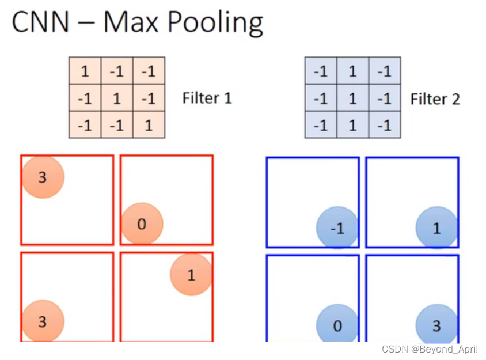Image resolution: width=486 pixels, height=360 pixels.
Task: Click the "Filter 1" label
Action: pyautogui.click(x=207, y=98)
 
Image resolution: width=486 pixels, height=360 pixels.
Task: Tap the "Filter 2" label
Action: pyautogui.click(x=435, y=99)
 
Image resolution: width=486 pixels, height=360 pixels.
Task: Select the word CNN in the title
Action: pyautogui.click(x=40, y=23)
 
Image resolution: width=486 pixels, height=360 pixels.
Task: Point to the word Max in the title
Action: pyautogui.click(x=131, y=23)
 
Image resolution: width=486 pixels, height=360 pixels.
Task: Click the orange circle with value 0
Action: pyautogui.click(x=142, y=224)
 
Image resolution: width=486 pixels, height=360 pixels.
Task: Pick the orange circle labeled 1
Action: pyautogui.click(x=191, y=275)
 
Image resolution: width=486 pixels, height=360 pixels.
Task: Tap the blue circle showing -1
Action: pyautogui.click(x=337, y=228)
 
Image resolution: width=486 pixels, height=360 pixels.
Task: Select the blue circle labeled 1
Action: pyautogui.click(x=436, y=228)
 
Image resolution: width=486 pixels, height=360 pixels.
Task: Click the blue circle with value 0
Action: pyautogui.click(x=337, y=326)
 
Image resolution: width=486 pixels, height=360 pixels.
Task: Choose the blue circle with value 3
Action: pyautogui.click(x=436, y=326)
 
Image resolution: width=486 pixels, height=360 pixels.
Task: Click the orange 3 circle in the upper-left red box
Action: pyautogui.click(x=43, y=177)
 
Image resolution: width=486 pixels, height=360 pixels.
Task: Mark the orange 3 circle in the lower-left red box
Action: pyautogui.click(x=43, y=321)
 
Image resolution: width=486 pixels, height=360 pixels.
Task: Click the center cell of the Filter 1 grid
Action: pyautogui.click(x=117, y=98)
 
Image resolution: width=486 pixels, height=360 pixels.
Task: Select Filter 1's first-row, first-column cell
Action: pyautogui.click(x=85, y=71)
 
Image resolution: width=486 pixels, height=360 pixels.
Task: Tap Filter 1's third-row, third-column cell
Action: pyautogui.click(x=149, y=124)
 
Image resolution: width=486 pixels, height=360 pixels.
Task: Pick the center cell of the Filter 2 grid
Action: pyautogui.click(x=352, y=98)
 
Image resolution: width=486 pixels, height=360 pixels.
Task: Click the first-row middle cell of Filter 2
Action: pyautogui.click(x=352, y=71)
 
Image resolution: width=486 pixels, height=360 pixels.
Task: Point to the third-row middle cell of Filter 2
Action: pyautogui.click(x=352, y=124)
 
